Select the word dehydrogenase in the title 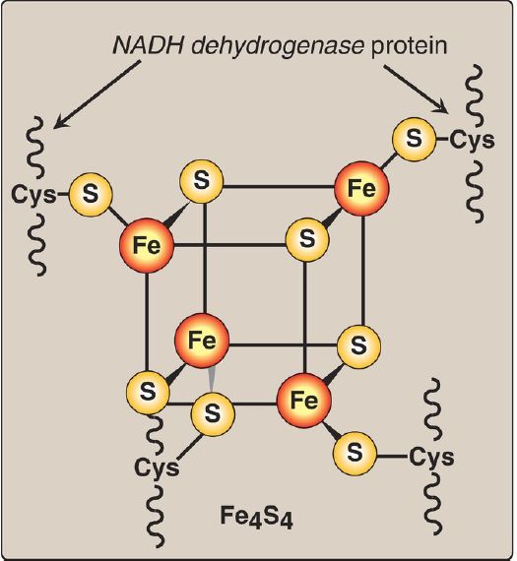click(x=278, y=47)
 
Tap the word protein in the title click(x=410, y=47)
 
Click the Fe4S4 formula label click(x=256, y=517)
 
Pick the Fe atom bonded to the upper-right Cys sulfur click(x=361, y=188)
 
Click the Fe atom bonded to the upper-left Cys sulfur click(x=147, y=245)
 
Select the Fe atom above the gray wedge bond click(x=202, y=340)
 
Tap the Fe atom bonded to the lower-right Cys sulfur click(x=304, y=400)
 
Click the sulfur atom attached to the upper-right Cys click(x=415, y=138)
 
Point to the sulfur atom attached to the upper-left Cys click(x=91, y=194)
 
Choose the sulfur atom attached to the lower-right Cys click(x=355, y=453)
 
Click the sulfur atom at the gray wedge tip click(x=213, y=413)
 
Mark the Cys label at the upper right click(x=473, y=141)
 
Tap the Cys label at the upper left click(x=34, y=196)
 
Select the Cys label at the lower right click(x=431, y=458)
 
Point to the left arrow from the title click(x=97, y=94)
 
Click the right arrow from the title click(x=416, y=89)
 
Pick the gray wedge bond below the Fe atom click(x=212, y=379)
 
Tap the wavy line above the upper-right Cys click(x=476, y=95)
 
